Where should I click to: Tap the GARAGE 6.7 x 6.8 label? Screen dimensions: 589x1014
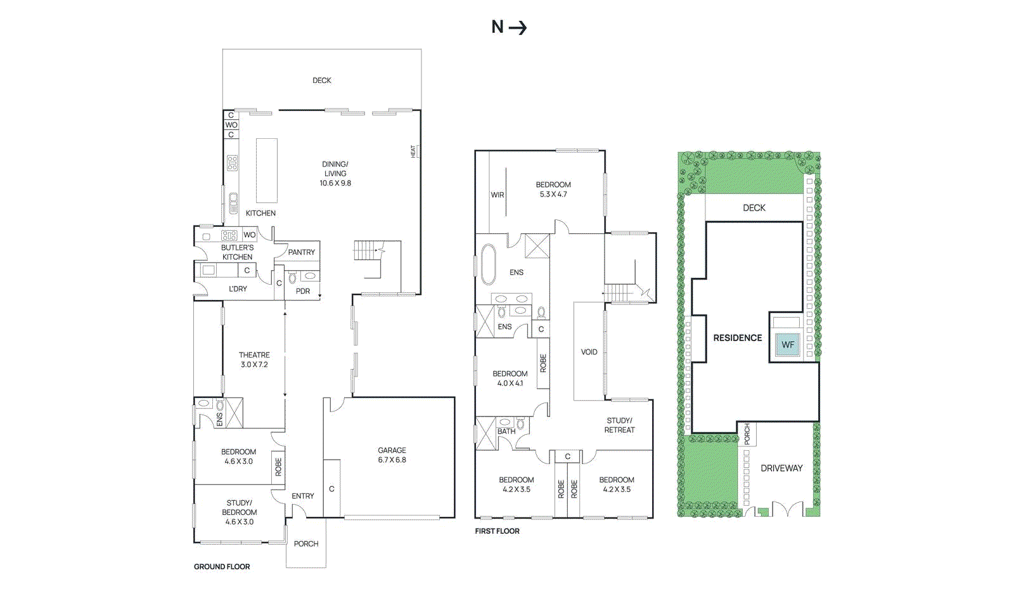pyautogui.click(x=392, y=455)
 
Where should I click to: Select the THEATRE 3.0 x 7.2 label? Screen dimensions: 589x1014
pyautogui.click(x=254, y=359)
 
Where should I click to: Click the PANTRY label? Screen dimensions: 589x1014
pyautogui.click(x=301, y=252)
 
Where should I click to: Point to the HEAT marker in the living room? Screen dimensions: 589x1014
pyautogui.click(x=414, y=152)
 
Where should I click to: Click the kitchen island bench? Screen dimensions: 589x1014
pyautogui.click(x=267, y=169)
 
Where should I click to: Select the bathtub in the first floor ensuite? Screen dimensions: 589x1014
pyautogui.click(x=488, y=264)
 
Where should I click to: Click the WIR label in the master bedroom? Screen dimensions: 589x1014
pyautogui.click(x=497, y=195)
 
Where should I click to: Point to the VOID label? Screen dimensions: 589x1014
pyautogui.click(x=589, y=352)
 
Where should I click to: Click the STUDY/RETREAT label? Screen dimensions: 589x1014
pyautogui.click(x=619, y=425)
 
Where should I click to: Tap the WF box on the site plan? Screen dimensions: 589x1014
pyautogui.click(x=788, y=345)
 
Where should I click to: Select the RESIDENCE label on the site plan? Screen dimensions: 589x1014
pyautogui.click(x=738, y=338)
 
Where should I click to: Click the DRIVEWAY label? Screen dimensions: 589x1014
pyautogui.click(x=781, y=468)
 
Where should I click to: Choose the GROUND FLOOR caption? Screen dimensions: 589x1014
pyautogui.click(x=222, y=567)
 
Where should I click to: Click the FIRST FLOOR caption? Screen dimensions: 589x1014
pyautogui.click(x=497, y=531)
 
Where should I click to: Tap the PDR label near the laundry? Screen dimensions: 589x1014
pyautogui.click(x=303, y=292)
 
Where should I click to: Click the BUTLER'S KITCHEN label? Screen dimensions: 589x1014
pyautogui.click(x=237, y=252)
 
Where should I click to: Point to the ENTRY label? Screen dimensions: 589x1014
pyautogui.click(x=302, y=496)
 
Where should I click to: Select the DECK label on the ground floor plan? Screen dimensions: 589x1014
pyautogui.click(x=322, y=81)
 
